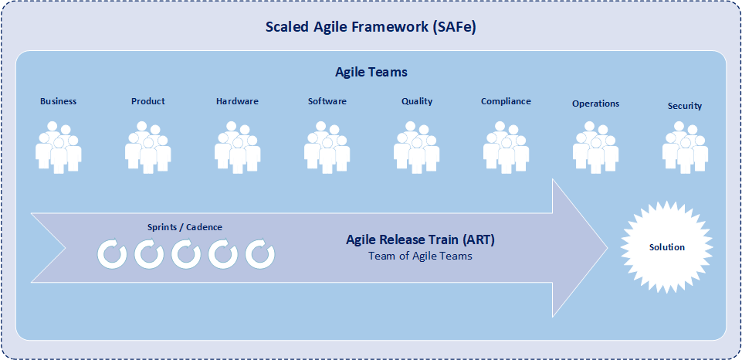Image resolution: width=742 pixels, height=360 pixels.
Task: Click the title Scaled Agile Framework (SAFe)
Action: tap(371, 27)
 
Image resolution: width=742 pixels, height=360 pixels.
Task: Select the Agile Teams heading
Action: tap(371, 72)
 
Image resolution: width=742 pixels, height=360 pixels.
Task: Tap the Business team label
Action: tap(58, 101)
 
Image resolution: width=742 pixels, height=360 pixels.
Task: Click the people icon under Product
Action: tap(148, 148)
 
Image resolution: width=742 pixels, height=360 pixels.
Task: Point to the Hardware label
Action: tap(238, 101)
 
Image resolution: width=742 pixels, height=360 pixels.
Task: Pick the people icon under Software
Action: tap(327, 148)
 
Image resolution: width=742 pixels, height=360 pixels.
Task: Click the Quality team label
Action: tap(417, 101)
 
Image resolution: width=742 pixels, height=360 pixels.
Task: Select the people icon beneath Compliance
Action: tap(506, 148)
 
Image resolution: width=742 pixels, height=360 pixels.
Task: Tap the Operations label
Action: tap(595, 104)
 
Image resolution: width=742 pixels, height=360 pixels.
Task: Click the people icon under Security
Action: tap(685, 148)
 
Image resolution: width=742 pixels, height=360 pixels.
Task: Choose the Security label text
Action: tap(685, 106)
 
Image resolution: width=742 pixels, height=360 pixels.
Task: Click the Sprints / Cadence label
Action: tap(185, 227)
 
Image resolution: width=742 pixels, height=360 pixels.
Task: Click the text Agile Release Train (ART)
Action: tap(420, 240)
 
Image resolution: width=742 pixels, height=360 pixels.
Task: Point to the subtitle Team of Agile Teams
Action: tap(420, 256)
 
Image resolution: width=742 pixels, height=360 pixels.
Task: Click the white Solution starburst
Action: tap(666, 247)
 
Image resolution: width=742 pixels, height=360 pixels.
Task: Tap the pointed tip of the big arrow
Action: tap(608, 248)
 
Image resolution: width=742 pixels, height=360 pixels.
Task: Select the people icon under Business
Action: tap(59, 148)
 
